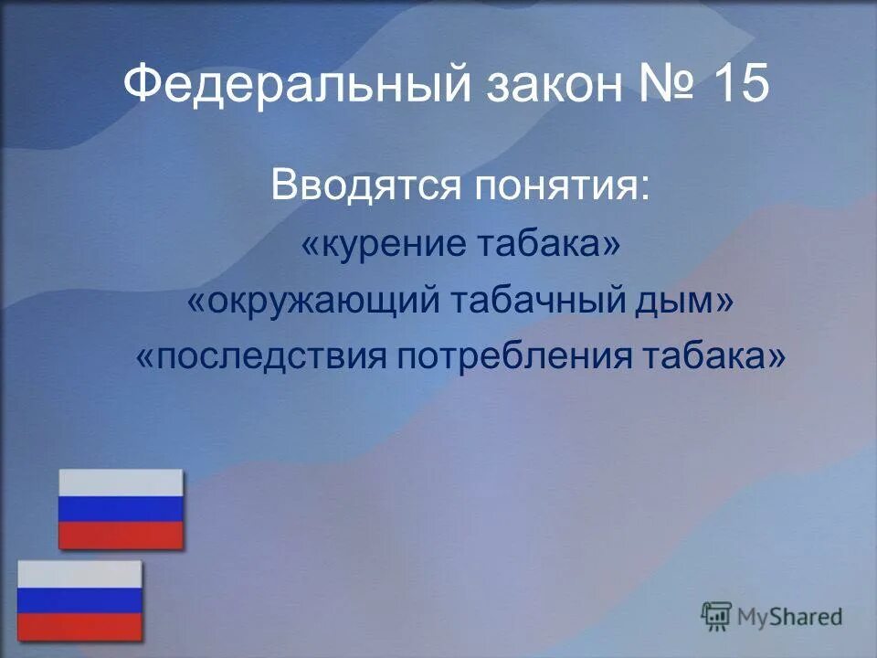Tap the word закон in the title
[547, 87]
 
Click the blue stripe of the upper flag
[121, 509]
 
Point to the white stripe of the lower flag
[80, 574]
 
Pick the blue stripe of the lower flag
[80, 600]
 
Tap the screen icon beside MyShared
[716, 616]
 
